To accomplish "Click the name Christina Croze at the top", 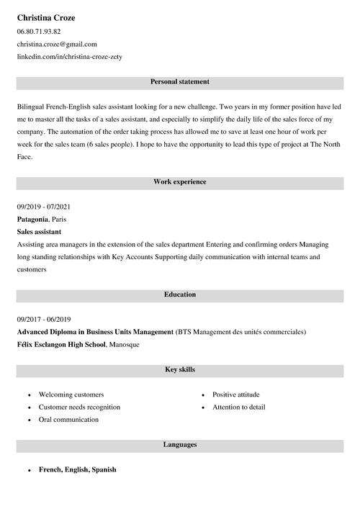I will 46,17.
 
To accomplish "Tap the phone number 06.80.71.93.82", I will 39,32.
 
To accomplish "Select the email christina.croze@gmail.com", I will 57,44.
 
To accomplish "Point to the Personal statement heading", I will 180,82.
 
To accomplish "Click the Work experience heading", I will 180,182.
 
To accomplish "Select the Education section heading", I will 180,294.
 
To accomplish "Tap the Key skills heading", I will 180,370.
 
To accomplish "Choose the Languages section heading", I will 180,445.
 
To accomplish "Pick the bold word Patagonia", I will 32,219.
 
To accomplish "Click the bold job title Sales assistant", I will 39,232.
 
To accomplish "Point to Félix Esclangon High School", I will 62,345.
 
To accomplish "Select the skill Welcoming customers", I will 71,395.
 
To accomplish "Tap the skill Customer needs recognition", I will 79,407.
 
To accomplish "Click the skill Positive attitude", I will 236,395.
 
